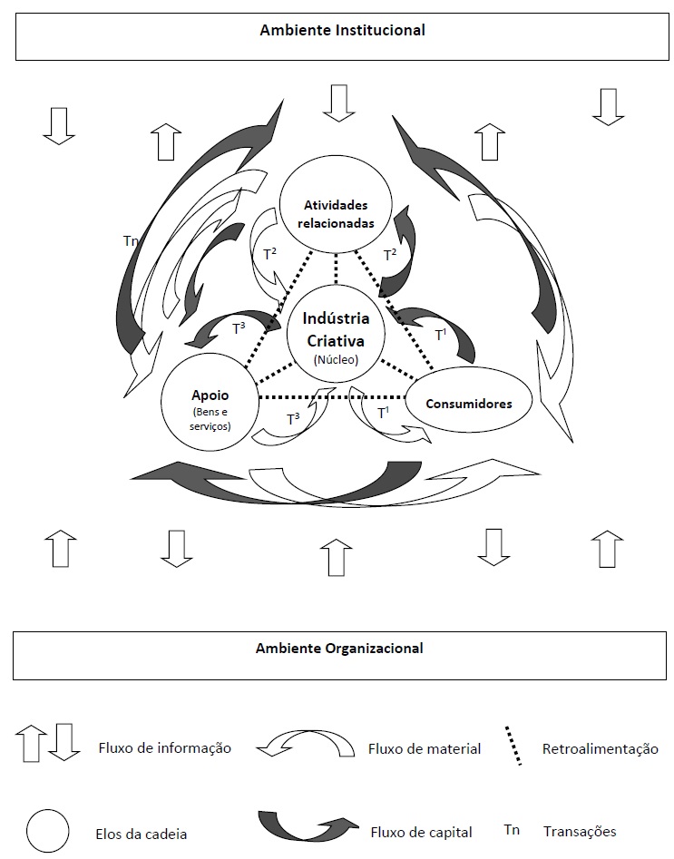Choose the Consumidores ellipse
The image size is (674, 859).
click(x=467, y=403)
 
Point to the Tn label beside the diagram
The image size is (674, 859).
click(x=131, y=241)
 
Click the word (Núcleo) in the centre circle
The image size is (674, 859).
click(x=337, y=359)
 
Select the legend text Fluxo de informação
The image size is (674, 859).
click(x=164, y=748)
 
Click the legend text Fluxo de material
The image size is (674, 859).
click(x=425, y=749)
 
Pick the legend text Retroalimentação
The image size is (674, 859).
click(x=600, y=749)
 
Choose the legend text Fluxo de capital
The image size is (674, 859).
click(x=421, y=830)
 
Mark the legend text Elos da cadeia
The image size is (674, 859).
click(x=142, y=831)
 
